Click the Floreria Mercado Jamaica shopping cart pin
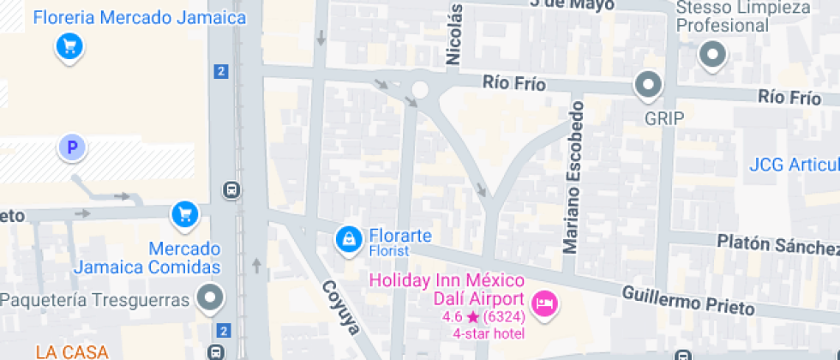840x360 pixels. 69,46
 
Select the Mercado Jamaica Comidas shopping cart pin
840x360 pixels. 184,214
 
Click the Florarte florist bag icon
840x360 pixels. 348,239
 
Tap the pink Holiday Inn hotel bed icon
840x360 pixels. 544,303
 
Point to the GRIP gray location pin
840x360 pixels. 648,86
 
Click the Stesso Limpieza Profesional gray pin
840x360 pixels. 711,57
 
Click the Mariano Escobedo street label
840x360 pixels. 573,178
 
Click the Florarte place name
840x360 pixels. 400,235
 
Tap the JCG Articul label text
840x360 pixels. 794,165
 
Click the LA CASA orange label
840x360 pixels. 72,351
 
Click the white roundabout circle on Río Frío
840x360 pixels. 420,89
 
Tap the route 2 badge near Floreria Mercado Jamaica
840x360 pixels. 222,72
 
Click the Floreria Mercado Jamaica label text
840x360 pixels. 140,18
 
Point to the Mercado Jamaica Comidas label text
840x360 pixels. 147,258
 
